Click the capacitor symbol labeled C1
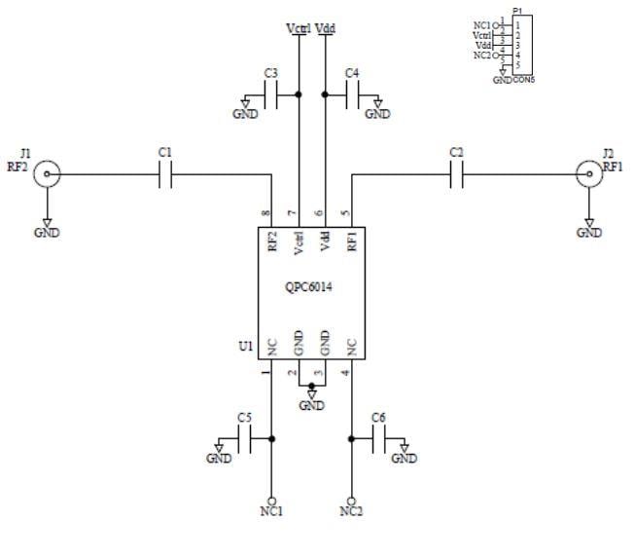tap(166, 175)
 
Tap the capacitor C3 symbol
tap(273, 94)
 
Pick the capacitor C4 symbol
tap(351, 94)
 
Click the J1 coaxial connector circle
tap(45, 175)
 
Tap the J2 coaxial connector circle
tap(588, 175)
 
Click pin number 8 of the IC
tap(264, 214)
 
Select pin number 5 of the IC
tap(344, 214)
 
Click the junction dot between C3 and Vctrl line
tap(299, 94)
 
